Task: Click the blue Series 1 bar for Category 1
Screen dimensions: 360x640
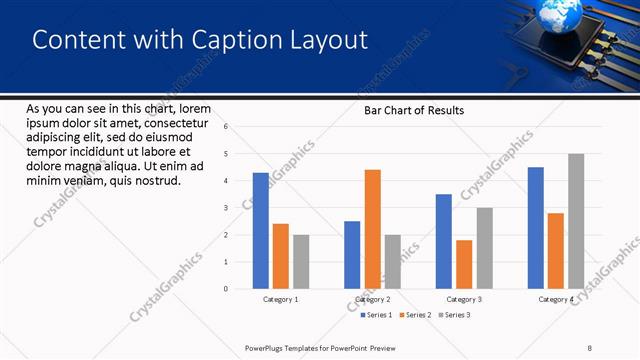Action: tap(260, 231)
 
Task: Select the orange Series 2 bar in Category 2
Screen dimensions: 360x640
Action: tap(372, 229)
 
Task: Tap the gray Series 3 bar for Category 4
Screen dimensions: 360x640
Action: tap(575, 221)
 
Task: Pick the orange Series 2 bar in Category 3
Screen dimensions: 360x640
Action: tap(464, 264)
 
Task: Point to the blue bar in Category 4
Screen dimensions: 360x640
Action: tap(536, 228)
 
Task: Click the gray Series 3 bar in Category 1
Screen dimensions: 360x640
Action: tap(301, 262)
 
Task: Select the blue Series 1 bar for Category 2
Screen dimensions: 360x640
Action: tap(352, 255)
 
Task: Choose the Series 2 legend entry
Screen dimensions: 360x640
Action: tap(416, 315)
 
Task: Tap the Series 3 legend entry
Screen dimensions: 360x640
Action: tap(455, 315)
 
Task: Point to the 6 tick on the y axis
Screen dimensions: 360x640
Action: tap(226, 127)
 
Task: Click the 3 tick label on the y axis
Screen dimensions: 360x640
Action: tap(226, 208)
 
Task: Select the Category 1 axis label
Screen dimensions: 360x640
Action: tap(281, 299)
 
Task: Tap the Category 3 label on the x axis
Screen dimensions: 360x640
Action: tap(464, 299)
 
